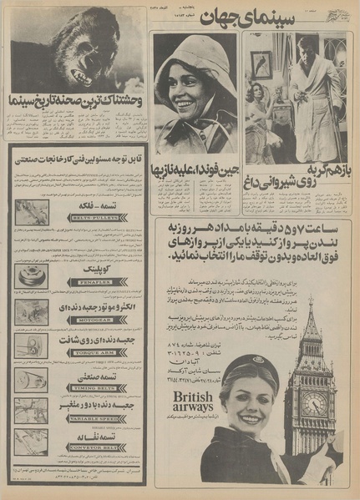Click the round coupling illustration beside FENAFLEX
pos(31,275)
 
